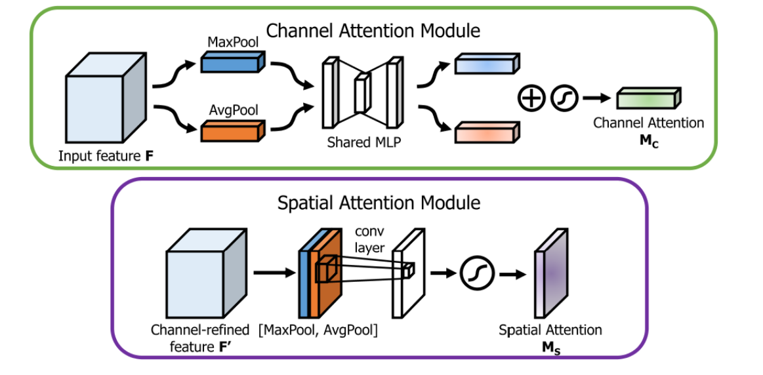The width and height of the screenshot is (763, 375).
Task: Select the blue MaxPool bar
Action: pos(232,63)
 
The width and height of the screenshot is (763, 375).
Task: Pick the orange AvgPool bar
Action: pos(232,132)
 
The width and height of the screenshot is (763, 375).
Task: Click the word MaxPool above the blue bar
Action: pos(231,42)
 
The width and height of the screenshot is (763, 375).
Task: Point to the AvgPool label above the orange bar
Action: pos(231,109)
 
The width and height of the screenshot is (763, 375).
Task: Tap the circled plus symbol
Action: pos(531,98)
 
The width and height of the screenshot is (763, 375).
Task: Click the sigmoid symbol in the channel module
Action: pos(564,98)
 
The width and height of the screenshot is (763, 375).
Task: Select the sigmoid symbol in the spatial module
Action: pos(476,271)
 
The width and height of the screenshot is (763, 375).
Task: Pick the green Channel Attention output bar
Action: pos(645,98)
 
